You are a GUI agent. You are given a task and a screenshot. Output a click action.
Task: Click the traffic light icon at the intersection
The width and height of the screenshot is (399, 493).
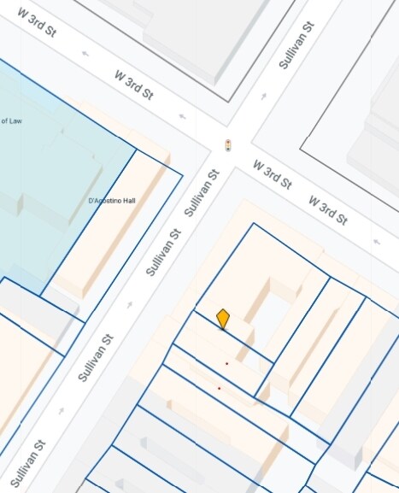click(227, 144)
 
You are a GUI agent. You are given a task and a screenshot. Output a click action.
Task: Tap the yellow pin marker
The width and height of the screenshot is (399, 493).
click(223, 319)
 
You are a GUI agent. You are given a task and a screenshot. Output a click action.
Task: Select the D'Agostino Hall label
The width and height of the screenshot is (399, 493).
click(112, 201)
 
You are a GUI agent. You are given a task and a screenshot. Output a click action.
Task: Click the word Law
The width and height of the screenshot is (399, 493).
click(15, 121)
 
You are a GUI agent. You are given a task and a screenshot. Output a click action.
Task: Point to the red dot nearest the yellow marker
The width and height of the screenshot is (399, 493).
click(226, 363)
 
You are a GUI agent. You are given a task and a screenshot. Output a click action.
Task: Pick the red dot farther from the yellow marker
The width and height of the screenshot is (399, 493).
click(219, 388)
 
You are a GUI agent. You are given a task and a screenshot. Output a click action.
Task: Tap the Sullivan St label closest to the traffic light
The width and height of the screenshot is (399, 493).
click(202, 191)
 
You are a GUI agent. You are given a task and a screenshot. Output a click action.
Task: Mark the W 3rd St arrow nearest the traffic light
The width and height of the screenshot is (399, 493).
click(182, 116)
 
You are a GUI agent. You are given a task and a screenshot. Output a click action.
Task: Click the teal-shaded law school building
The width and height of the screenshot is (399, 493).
click(51, 154)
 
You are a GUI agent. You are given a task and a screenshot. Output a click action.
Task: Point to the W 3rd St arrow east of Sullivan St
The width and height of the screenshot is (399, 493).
click(377, 242)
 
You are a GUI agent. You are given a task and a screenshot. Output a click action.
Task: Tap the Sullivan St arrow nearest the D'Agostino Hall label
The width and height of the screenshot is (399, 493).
click(130, 304)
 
